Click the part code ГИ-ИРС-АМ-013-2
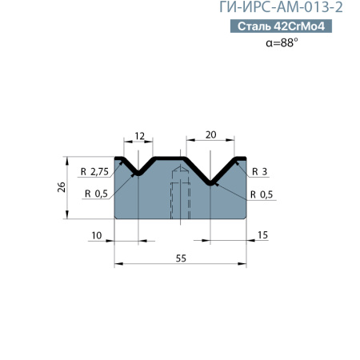click(x=281, y=7)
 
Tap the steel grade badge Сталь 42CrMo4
click(x=281, y=26)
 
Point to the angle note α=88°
click(x=282, y=42)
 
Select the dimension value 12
click(x=139, y=136)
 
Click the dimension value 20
click(x=210, y=135)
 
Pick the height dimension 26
click(x=62, y=187)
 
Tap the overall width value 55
click(x=181, y=258)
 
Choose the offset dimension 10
click(x=97, y=235)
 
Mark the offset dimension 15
click(x=262, y=235)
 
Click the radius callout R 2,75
click(x=94, y=172)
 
